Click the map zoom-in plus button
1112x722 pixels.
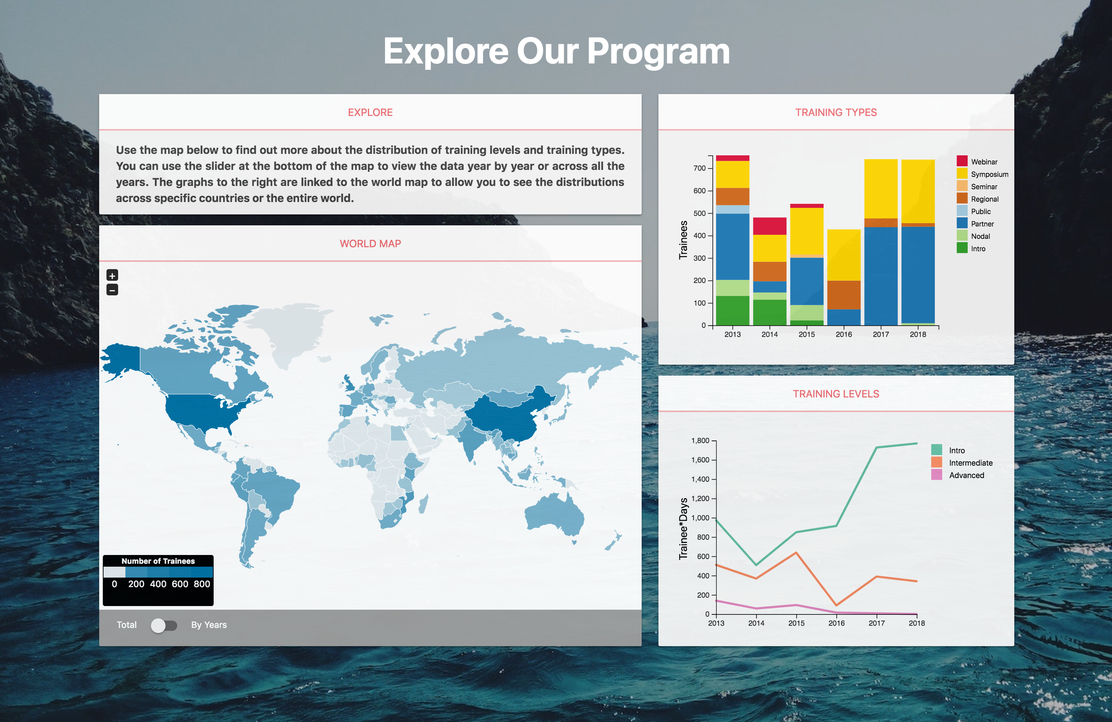coord(112,275)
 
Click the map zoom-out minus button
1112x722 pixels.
coord(112,290)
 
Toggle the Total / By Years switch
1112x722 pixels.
coord(164,625)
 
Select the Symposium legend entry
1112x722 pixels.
coord(982,174)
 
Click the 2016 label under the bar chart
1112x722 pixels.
coord(844,334)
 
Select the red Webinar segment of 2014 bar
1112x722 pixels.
coord(770,226)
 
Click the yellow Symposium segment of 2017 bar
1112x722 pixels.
coord(881,189)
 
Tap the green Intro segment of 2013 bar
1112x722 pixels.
coord(732,310)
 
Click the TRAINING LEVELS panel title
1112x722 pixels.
coord(836,394)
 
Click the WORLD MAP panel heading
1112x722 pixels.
coord(370,244)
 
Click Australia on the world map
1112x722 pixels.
coord(554,514)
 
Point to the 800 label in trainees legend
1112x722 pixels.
coord(202,584)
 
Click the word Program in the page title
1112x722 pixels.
coord(658,52)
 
